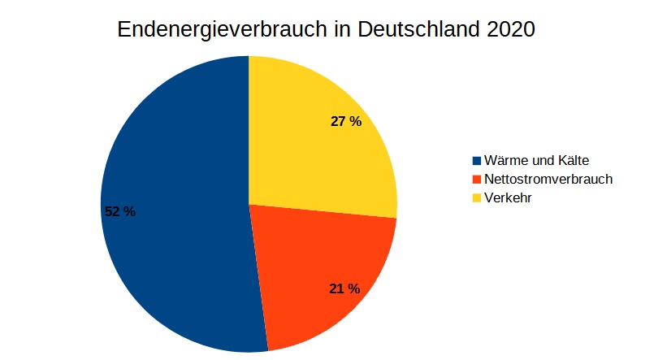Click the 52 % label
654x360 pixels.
(x=120, y=211)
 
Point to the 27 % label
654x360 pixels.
(x=345, y=122)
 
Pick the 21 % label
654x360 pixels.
(x=344, y=288)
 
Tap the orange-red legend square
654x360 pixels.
(x=476, y=179)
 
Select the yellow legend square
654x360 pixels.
(x=476, y=197)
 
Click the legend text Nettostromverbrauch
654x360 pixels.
(x=548, y=179)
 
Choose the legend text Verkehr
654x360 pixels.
(x=507, y=197)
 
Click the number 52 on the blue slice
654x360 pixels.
(x=113, y=211)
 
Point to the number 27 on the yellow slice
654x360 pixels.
(x=339, y=122)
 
